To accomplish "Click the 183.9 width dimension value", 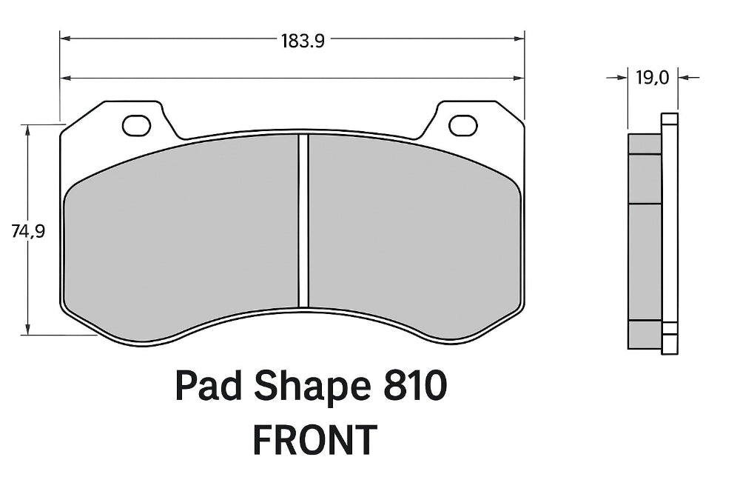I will (302, 41).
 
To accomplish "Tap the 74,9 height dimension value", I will (28, 231).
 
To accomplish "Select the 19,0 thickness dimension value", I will (653, 76).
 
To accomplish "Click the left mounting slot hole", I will (136, 126).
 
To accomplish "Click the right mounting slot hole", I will (463, 126).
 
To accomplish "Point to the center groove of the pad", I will (303, 221).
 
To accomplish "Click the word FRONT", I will (314, 440).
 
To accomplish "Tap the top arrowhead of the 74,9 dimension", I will (28, 129).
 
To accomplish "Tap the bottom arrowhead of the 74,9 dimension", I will (28, 330).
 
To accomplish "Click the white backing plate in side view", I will (670, 230).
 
